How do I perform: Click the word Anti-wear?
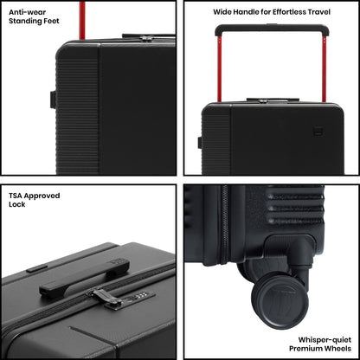(x=27, y=12)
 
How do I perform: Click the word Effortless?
(x=281, y=12)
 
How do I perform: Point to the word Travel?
(x=319, y=12)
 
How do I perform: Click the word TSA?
(x=16, y=196)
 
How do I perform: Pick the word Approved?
(x=42, y=196)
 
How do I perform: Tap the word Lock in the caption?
(x=17, y=204)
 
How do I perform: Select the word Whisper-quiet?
(x=325, y=340)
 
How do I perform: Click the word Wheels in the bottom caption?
(x=338, y=349)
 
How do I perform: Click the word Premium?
(x=306, y=349)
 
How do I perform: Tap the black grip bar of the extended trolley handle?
(x=272, y=29)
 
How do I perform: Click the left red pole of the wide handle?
(x=219, y=69)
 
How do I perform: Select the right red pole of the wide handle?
(x=325, y=69)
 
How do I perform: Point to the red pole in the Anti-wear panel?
(x=82, y=20)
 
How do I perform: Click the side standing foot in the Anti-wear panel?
(x=53, y=100)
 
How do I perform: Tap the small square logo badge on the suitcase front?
(x=318, y=131)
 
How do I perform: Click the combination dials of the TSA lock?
(x=140, y=295)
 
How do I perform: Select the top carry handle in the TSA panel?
(x=84, y=279)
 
